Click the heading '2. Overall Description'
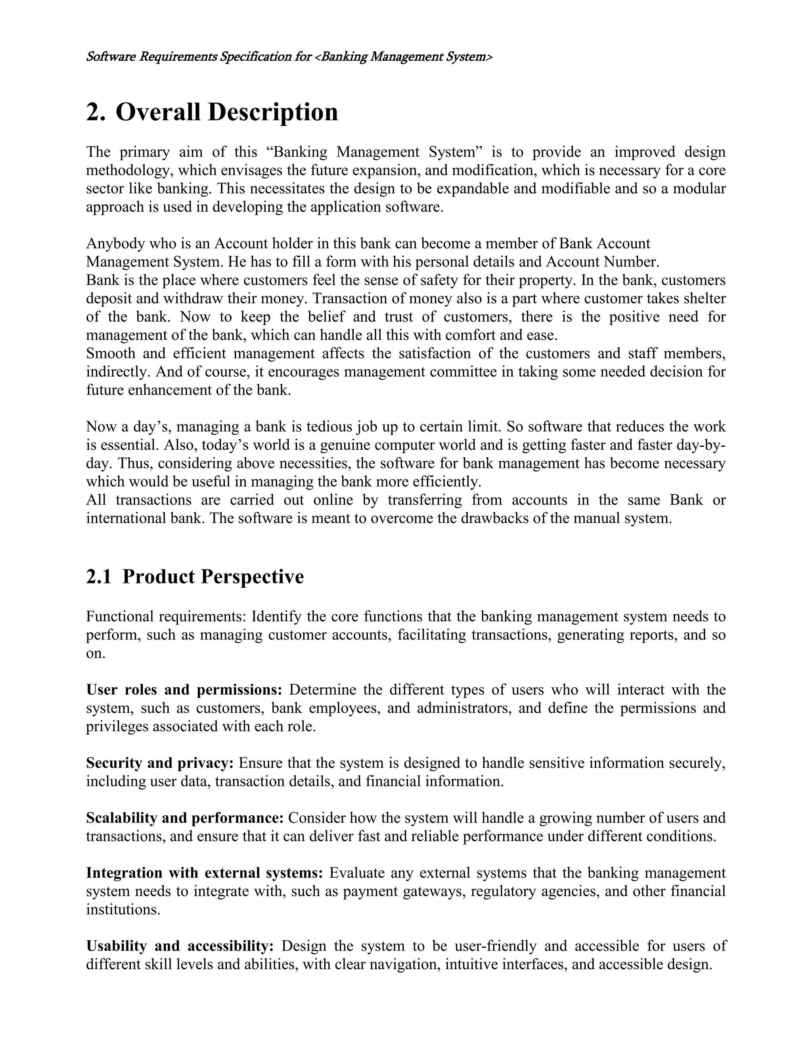pos(212,112)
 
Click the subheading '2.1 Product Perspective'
pos(195,577)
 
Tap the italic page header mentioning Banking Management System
pos(289,57)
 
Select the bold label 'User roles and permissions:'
pos(184,690)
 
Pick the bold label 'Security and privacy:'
pos(160,763)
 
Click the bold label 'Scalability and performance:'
pos(185,818)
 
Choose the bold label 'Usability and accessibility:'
pos(180,946)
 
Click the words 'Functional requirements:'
pos(167,616)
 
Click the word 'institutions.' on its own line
pos(123,909)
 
